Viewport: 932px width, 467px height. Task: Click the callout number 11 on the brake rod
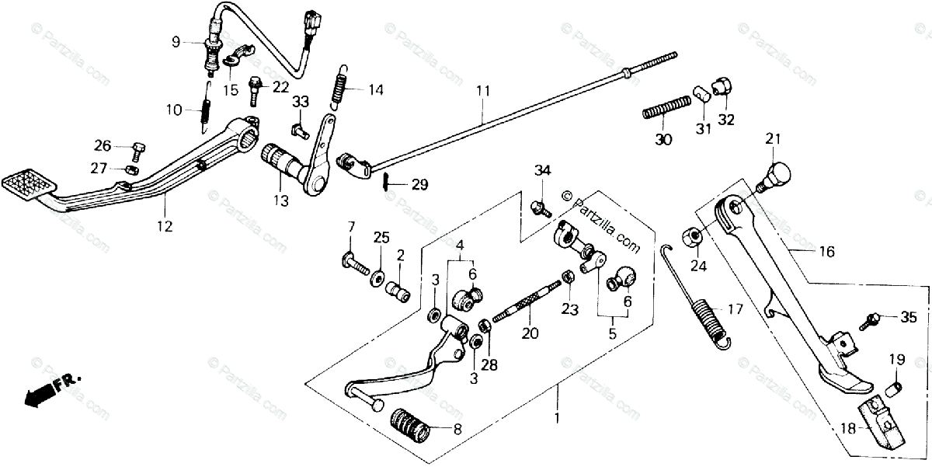tap(483, 92)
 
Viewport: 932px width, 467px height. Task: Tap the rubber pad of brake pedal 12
tap(30, 183)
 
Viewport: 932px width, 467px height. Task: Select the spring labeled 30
tap(667, 106)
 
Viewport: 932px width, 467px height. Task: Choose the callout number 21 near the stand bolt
tap(770, 139)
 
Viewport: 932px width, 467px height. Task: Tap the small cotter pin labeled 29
tap(387, 183)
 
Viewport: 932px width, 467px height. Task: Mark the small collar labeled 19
tap(895, 387)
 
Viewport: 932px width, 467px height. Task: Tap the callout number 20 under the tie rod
tap(528, 333)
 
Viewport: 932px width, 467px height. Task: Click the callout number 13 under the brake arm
tap(280, 200)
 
